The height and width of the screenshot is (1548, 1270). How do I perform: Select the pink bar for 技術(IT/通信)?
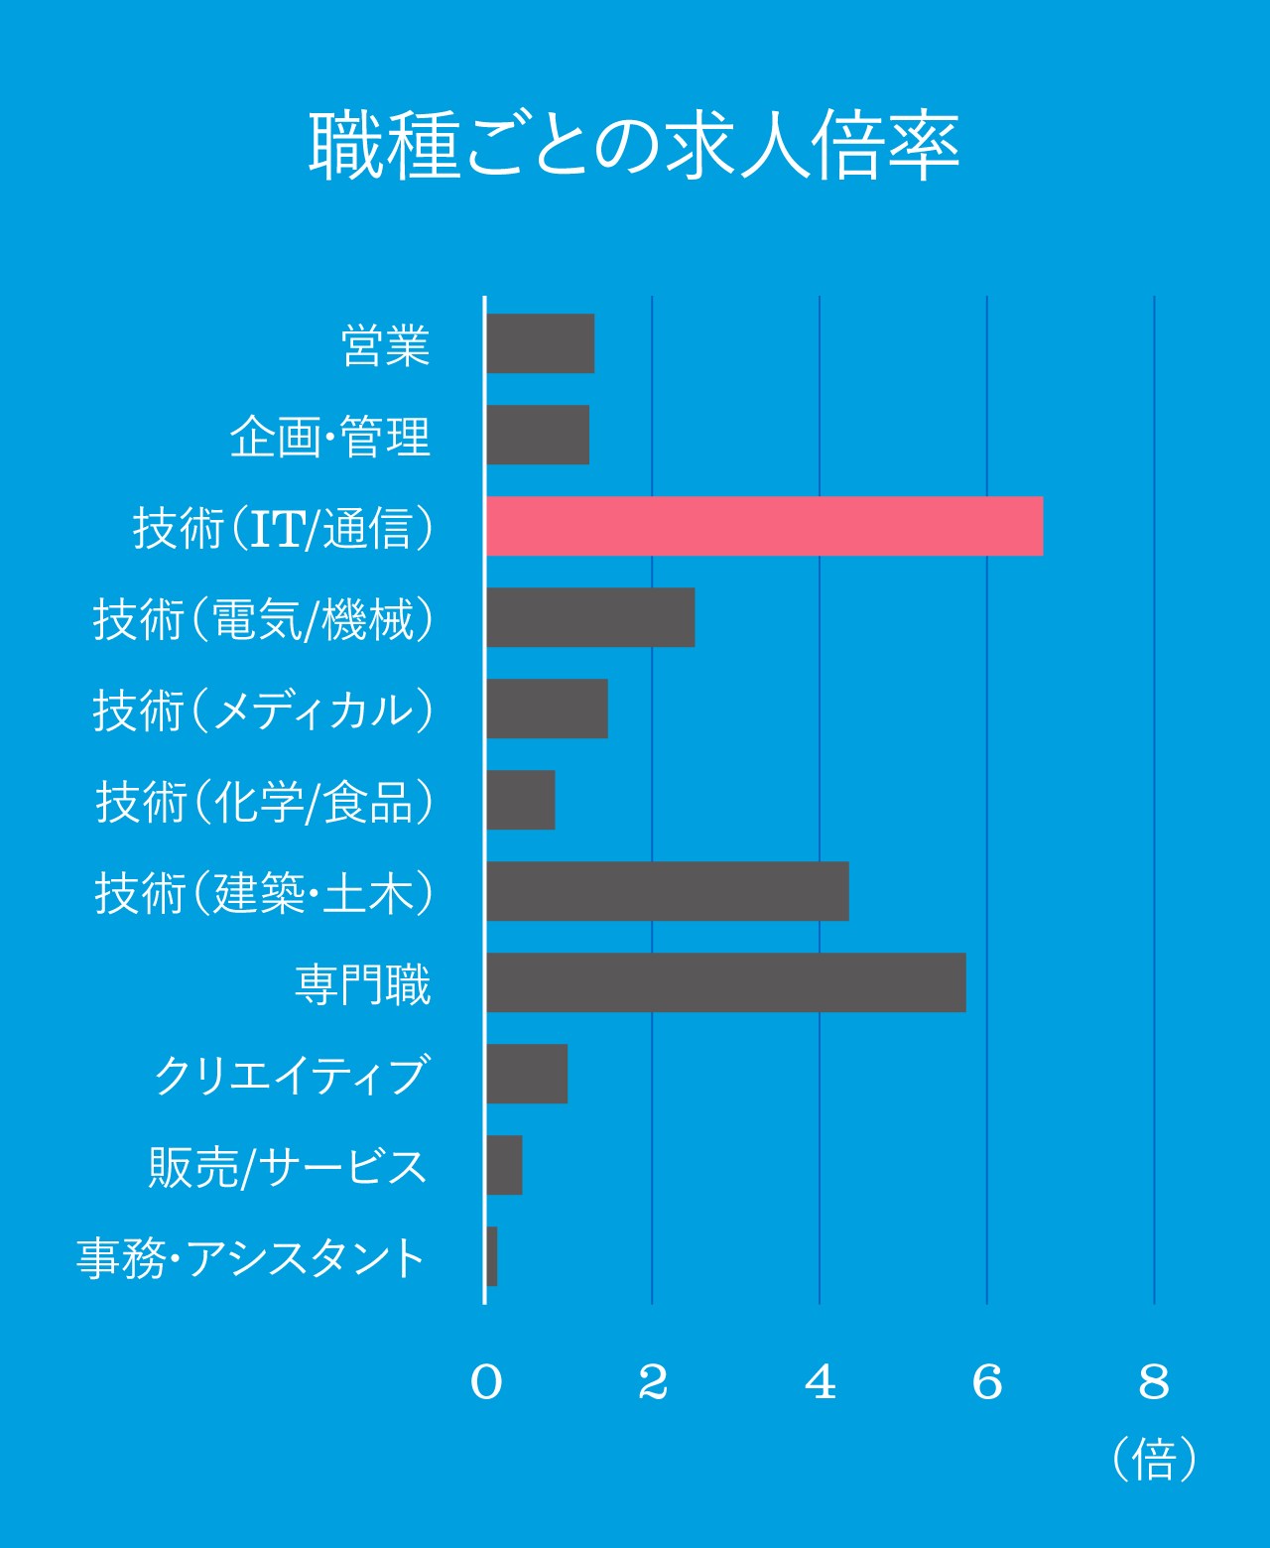764,526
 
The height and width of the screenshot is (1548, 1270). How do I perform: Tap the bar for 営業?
540,343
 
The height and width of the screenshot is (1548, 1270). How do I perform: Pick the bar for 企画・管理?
537,435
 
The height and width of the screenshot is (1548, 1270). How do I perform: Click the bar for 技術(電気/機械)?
590,617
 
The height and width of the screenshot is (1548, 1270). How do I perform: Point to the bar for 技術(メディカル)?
547,709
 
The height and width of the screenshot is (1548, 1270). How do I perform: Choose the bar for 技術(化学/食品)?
520,800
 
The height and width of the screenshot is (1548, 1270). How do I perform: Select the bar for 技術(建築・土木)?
667,891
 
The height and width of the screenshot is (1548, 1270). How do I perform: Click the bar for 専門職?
725,982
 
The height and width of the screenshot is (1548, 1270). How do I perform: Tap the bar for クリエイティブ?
526,1074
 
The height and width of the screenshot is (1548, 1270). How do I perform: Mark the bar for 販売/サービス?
504,1165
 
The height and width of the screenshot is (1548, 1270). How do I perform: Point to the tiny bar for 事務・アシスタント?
491,1256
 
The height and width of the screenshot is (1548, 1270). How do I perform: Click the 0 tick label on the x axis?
486,1382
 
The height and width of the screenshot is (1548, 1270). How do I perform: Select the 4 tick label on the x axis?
821,1382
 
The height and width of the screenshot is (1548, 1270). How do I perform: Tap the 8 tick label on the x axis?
1155,1382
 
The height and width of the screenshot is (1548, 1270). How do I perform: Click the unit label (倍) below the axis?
1155,1459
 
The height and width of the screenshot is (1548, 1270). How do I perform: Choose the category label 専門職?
363,984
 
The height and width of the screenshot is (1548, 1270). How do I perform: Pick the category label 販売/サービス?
288,1167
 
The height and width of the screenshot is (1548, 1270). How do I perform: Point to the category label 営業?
385,345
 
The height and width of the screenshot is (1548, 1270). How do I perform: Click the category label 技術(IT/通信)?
284,528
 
